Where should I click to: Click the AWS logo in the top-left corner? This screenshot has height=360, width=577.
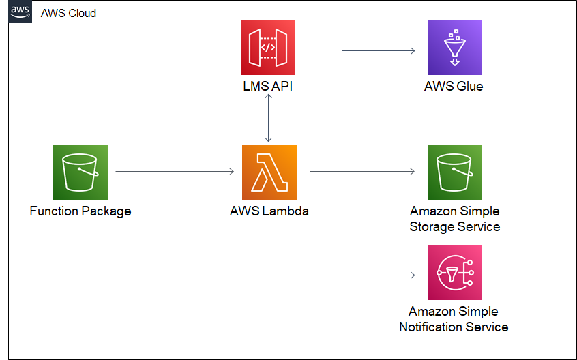[20, 13]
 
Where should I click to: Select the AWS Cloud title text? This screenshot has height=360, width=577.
[68, 13]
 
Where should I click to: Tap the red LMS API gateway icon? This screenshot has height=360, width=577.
[268, 47]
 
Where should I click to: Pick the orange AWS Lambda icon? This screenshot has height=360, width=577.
[269, 172]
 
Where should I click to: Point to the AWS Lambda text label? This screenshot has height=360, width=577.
[269, 211]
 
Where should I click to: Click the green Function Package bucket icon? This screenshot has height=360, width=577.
[80, 172]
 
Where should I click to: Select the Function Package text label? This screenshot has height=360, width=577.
[80, 211]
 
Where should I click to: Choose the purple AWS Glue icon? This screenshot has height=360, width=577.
[454, 47]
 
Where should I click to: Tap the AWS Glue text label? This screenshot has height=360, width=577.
[454, 87]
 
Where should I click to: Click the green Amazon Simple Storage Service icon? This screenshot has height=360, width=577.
[454, 172]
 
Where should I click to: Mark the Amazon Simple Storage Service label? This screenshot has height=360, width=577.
[454, 219]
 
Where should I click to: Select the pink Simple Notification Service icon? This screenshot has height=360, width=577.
[454, 273]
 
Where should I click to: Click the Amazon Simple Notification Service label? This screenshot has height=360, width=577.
[454, 319]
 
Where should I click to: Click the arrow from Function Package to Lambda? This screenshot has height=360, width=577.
[175, 172]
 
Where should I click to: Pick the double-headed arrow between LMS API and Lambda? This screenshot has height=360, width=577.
[269, 119]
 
